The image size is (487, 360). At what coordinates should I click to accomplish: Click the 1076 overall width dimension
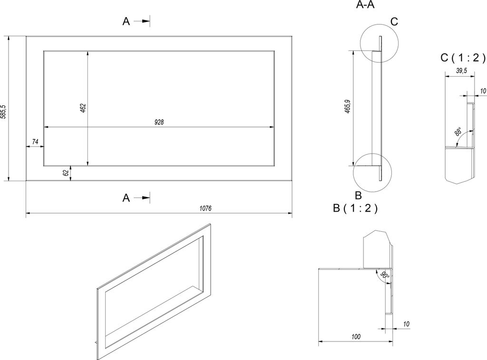click(205, 208)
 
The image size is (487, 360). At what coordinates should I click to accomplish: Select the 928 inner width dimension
click(159, 122)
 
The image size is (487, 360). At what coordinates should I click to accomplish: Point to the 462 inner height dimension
click(83, 108)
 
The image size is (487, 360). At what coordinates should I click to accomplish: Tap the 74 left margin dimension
click(35, 142)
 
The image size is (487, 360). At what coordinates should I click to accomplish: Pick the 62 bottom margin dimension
click(66, 173)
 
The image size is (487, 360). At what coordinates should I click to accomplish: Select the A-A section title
click(365, 5)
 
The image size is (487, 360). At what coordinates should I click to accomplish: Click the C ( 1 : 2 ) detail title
click(462, 58)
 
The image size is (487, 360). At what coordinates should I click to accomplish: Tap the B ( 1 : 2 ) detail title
click(355, 208)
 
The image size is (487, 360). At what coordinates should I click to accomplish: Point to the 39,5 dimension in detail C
click(461, 71)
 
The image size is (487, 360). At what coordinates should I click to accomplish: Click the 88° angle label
click(458, 131)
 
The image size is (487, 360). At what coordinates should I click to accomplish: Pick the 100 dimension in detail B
click(356, 336)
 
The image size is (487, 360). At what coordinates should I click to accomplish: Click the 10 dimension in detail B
click(406, 324)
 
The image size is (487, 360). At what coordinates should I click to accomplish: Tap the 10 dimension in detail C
click(483, 91)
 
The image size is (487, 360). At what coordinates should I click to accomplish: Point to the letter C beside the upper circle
click(394, 22)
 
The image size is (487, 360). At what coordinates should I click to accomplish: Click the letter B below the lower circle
click(359, 195)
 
